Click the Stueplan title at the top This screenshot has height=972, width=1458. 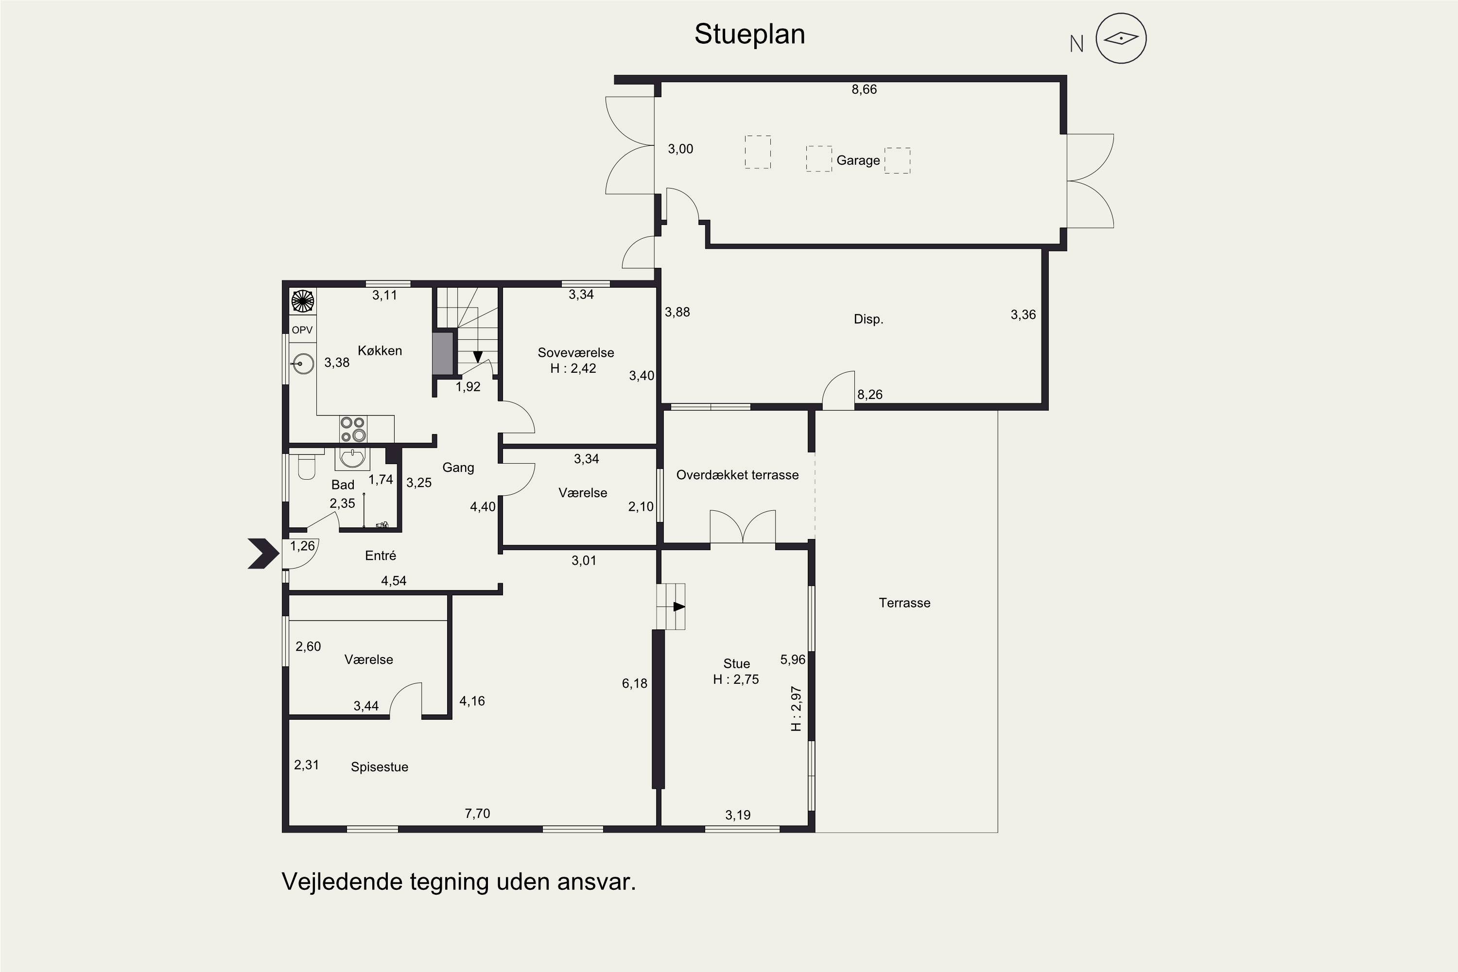point(749,35)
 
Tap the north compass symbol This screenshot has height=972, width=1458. point(1121,38)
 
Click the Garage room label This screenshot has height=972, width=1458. point(858,160)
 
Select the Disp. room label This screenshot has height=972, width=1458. point(868,319)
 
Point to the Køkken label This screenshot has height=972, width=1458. point(380,351)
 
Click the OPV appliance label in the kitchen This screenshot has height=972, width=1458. point(302,330)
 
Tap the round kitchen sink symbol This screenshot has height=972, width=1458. point(303,363)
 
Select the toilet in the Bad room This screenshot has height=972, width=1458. point(307,468)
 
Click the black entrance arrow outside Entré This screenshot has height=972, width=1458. point(264,554)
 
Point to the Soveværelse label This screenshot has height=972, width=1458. point(576,353)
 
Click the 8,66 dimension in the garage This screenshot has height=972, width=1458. point(864,90)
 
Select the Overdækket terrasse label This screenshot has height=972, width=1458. point(737,475)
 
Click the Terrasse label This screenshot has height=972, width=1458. point(904,603)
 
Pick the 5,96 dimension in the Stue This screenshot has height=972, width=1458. point(793,660)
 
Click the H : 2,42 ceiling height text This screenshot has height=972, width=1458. point(573,368)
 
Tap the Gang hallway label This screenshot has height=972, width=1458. point(458,468)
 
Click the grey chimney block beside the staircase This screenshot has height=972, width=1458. point(443,354)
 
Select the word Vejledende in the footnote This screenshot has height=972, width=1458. point(342,882)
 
